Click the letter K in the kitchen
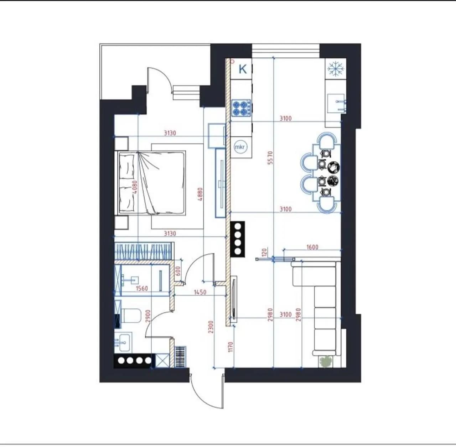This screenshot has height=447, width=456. pos(243,69)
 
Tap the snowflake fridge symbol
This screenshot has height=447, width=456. pos(336,69)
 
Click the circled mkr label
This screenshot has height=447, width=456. pos(240,147)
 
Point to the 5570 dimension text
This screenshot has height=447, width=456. pos(271,157)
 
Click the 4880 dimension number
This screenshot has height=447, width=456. pos(200,194)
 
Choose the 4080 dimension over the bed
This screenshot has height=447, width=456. pos(134,187)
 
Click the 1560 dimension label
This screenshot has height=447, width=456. pos(142,288)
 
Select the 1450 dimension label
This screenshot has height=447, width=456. pos(200,292)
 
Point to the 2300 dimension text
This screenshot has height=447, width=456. pos(211,327)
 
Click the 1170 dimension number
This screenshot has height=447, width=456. pos(231,347)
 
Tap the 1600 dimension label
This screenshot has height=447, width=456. pos(312,247)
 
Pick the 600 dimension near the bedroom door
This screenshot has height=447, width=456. pos(178,271)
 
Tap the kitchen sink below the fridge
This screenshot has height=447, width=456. pos(337,103)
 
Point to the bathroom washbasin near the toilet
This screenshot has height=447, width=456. pos(124,342)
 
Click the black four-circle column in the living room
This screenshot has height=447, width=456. pos(238,239)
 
